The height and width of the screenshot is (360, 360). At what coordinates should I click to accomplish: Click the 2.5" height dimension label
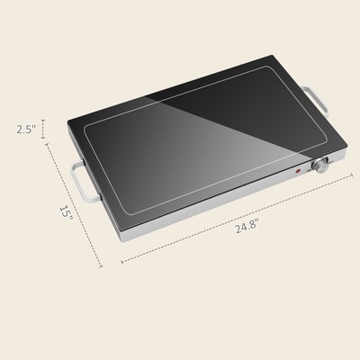[x=26, y=130]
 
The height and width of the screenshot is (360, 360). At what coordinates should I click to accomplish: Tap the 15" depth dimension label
[x=65, y=211]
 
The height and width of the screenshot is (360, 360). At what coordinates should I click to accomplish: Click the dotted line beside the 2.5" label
[x=41, y=130]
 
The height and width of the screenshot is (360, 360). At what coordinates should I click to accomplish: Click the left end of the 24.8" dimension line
[x=121, y=262]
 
